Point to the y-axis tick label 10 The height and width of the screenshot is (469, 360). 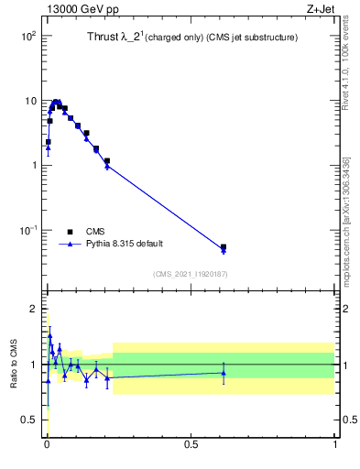[x=29, y=101]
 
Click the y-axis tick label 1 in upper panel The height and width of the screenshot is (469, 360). [x=33, y=166]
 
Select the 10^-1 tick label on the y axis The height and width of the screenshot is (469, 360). [x=27, y=231]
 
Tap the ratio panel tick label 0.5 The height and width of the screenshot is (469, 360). [x=29, y=420]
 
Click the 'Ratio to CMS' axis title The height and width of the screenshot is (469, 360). [x=13, y=365]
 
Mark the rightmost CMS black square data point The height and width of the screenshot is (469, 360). [x=224, y=247]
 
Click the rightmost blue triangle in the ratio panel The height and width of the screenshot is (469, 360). [x=224, y=372]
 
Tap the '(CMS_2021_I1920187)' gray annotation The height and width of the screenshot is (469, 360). [x=191, y=274]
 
